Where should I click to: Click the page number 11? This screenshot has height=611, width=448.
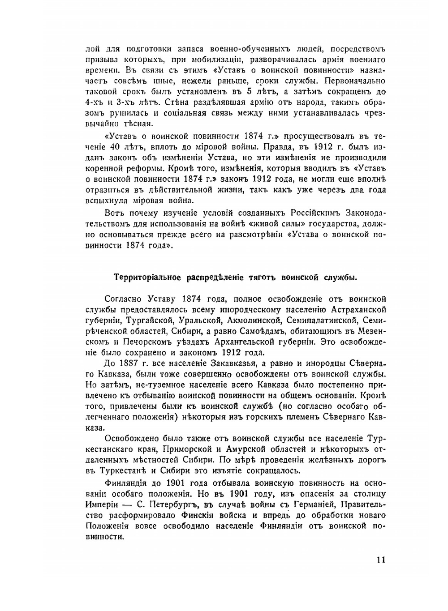click(380, 560)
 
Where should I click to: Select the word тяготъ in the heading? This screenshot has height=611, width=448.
click(262, 278)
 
